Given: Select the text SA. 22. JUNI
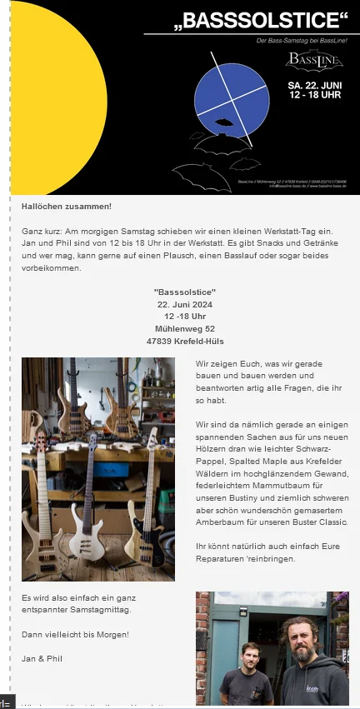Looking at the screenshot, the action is (x=314, y=86).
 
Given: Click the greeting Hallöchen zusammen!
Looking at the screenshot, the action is (x=66, y=206).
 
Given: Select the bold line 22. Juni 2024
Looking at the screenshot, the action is (x=185, y=304).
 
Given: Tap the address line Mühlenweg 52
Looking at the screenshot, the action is (x=185, y=328).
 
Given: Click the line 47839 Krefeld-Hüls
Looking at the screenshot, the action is (x=185, y=341).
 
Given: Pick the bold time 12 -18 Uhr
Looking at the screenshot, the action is (x=185, y=317).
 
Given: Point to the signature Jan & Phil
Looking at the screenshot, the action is (x=41, y=658).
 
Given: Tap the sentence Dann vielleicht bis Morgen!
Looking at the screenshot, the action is (x=75, y=635).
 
